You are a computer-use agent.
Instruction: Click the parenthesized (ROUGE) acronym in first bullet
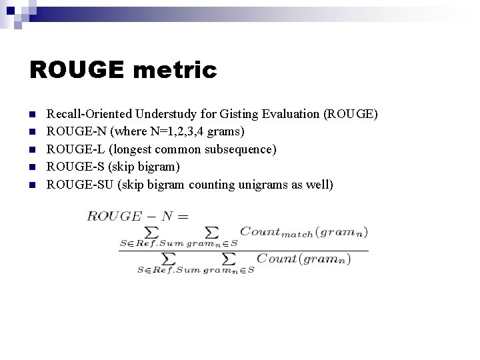point(351,114)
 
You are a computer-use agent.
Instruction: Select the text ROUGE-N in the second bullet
point(71,131)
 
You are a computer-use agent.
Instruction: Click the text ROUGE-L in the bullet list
point(71,149)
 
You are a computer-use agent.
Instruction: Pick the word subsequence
point(239,149)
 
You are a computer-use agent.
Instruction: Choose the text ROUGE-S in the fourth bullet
point(71,166)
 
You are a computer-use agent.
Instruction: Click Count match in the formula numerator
point(276,232)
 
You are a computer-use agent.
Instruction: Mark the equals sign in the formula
point(183,216)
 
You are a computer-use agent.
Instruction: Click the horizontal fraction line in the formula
point(243,251)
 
